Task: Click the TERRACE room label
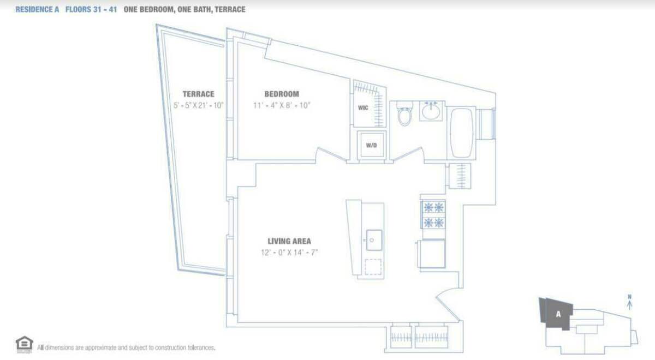pyautogui.click(x=198, y=94)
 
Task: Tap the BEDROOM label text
pyautogui.click(x=282, y=94)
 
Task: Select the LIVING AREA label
pyautogui.click(x=289, y=241)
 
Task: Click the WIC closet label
pyautogui.click(x=363, y=108)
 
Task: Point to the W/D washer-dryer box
pyautogui.click(x=371, y=146)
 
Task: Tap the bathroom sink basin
pyautogui.click(x=431, y=111)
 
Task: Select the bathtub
pyautogui.click(x=462, y=131)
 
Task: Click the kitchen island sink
pyautogui.click(x=374, y=240)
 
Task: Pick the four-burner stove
pyautogui.click(x=433, y=215)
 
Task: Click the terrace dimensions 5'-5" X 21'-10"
pyautogui.click(x=198, y=105)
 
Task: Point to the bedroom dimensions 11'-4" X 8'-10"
pyautogui.click(x=282, y=105)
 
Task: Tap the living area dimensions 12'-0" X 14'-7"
pyautogui.click(x=289, y=252)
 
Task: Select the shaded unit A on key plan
pyautogui.click(x=557, y=315)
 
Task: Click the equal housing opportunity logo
pyautogui.click(x=25, y=344)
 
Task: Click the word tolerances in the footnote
pyautogui.click(x=199, y=347)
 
